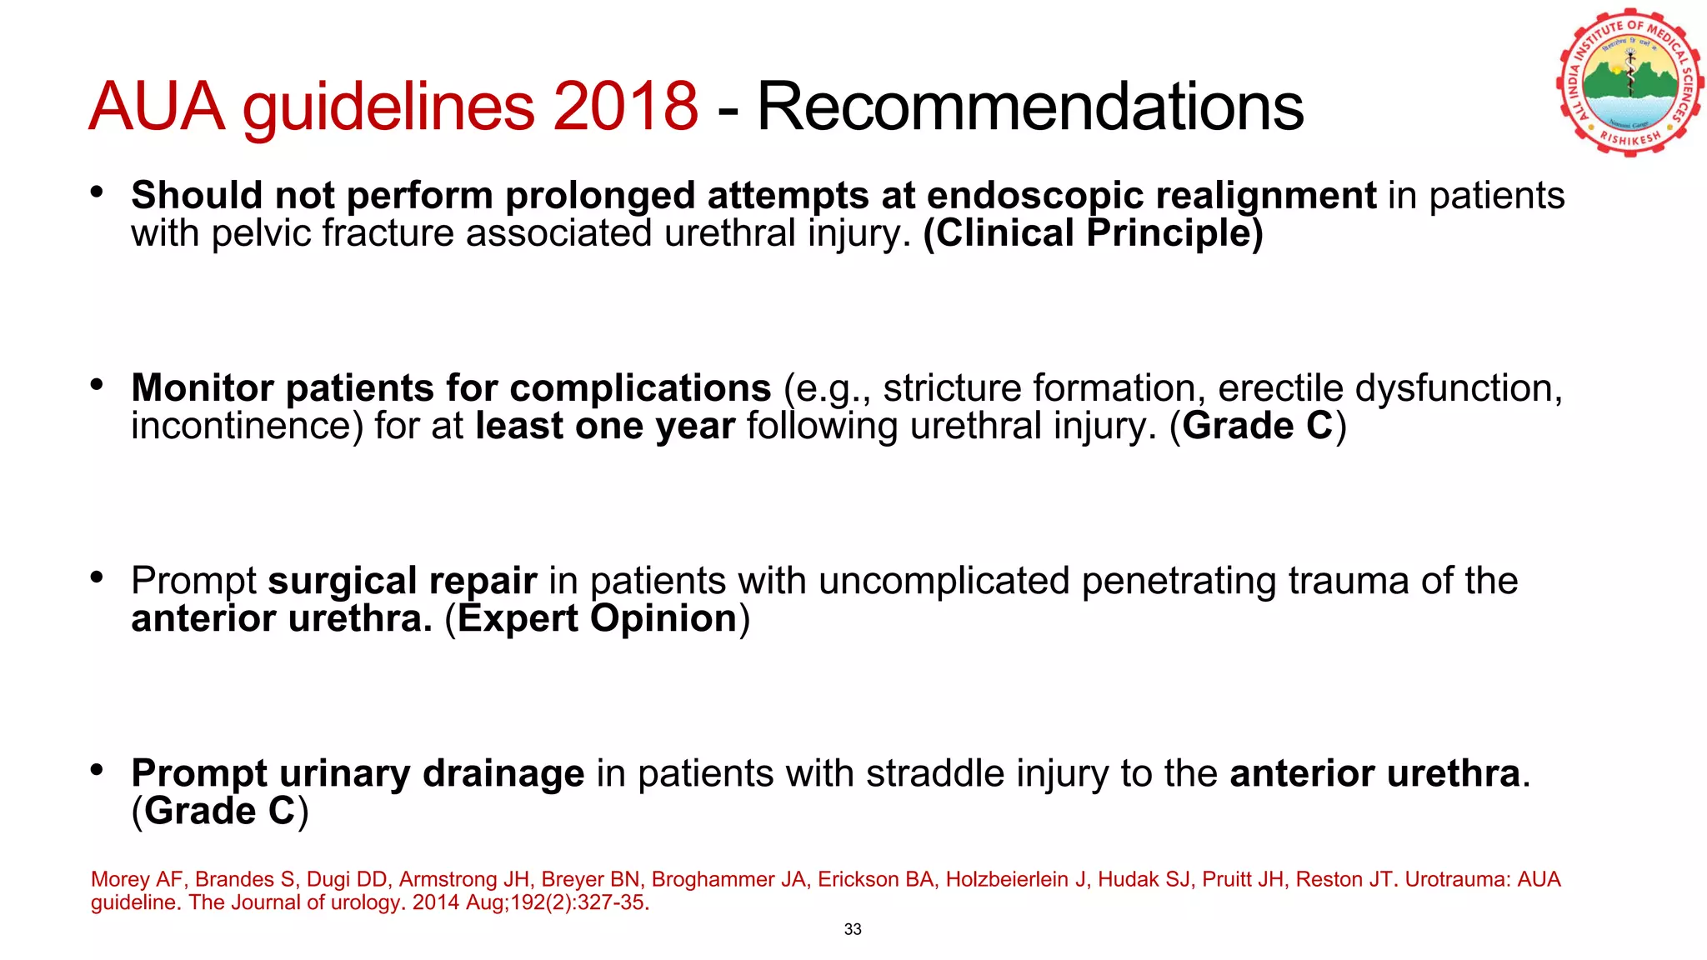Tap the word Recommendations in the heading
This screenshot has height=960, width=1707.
(1029, 107)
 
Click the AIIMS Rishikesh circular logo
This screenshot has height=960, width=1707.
(1629, 83)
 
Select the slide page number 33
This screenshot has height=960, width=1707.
(853, 929)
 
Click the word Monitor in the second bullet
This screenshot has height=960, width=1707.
(203, 388)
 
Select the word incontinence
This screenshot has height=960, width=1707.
(247, 427)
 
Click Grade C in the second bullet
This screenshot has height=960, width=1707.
(1258, 427)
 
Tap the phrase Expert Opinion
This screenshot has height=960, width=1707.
(597, 619)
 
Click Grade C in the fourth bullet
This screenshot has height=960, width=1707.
(220, 812)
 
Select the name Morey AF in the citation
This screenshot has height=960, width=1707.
(137, 880)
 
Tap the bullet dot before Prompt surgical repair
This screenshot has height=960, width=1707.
(98, 577)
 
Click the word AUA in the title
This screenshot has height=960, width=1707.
(157, 107)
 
